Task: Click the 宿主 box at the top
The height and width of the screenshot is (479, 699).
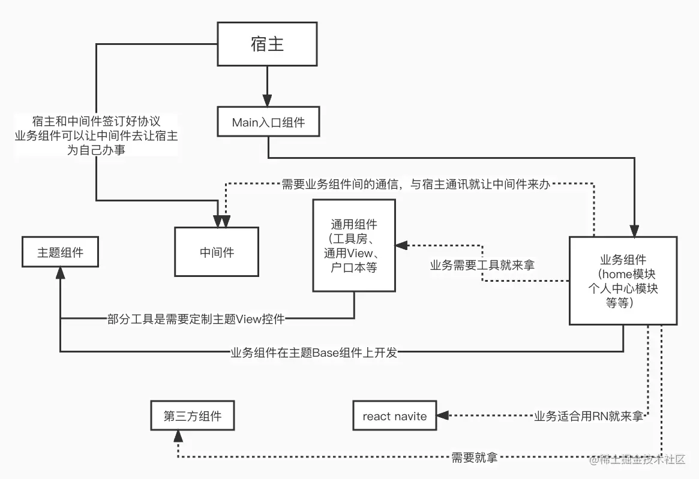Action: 267,45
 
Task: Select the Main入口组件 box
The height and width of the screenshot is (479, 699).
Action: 268,122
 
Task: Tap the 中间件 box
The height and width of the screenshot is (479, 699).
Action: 217,252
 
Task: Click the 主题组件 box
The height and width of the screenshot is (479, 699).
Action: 60,252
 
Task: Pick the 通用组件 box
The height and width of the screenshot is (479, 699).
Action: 354,246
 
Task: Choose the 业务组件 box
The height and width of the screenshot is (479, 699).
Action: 623,281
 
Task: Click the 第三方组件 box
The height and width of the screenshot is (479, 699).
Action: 192,416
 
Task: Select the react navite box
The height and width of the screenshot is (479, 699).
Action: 394,416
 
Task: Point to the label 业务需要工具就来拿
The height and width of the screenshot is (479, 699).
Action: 482,265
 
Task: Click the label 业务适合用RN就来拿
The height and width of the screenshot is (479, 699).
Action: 588,416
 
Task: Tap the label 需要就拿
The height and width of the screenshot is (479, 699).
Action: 474,458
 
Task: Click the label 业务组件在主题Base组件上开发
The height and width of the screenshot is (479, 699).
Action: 313,353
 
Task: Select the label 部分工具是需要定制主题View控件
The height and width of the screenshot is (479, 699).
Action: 196,319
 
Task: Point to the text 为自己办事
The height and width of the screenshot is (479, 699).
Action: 96,149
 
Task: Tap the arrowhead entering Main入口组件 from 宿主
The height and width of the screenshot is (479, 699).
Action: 268,103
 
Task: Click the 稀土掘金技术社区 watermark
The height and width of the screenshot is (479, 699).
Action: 637,459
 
